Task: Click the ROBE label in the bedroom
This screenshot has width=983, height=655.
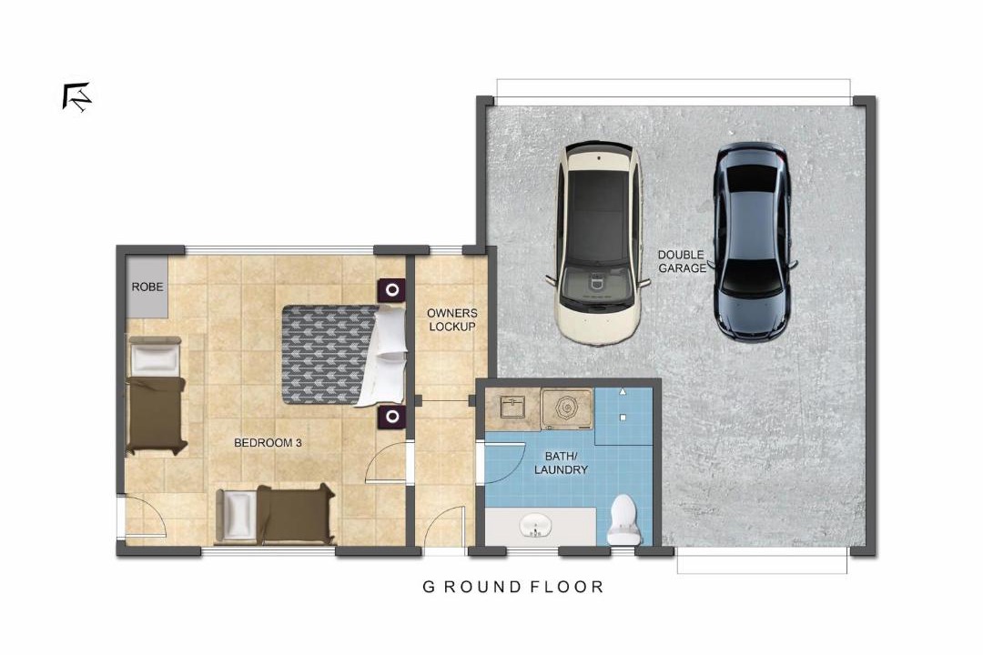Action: pos(147,287)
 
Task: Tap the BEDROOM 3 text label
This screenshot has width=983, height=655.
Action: pos(268,443)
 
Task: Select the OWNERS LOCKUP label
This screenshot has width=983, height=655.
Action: pos(452,319)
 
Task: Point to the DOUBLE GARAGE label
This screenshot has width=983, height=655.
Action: pos(682,261)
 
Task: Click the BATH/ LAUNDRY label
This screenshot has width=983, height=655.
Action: pos(561,463)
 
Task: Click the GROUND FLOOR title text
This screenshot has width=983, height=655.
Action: pos(512,588)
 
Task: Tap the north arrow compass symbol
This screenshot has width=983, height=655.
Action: pos(77,97)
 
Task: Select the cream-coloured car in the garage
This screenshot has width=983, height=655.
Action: pos(599,244)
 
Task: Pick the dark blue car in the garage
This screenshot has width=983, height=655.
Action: pos(752,242)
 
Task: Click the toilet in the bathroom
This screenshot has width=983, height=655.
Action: pos(623,519)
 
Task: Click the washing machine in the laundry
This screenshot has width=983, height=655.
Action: pos(567,409)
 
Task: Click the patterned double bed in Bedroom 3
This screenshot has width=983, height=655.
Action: pos(343,355)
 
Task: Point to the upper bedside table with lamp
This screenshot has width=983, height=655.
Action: pos(391,290)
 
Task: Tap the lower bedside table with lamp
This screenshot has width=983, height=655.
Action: pos(391,417)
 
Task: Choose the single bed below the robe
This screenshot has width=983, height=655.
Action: pos(156,395)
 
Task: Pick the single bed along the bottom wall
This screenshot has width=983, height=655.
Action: pos(275,514)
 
